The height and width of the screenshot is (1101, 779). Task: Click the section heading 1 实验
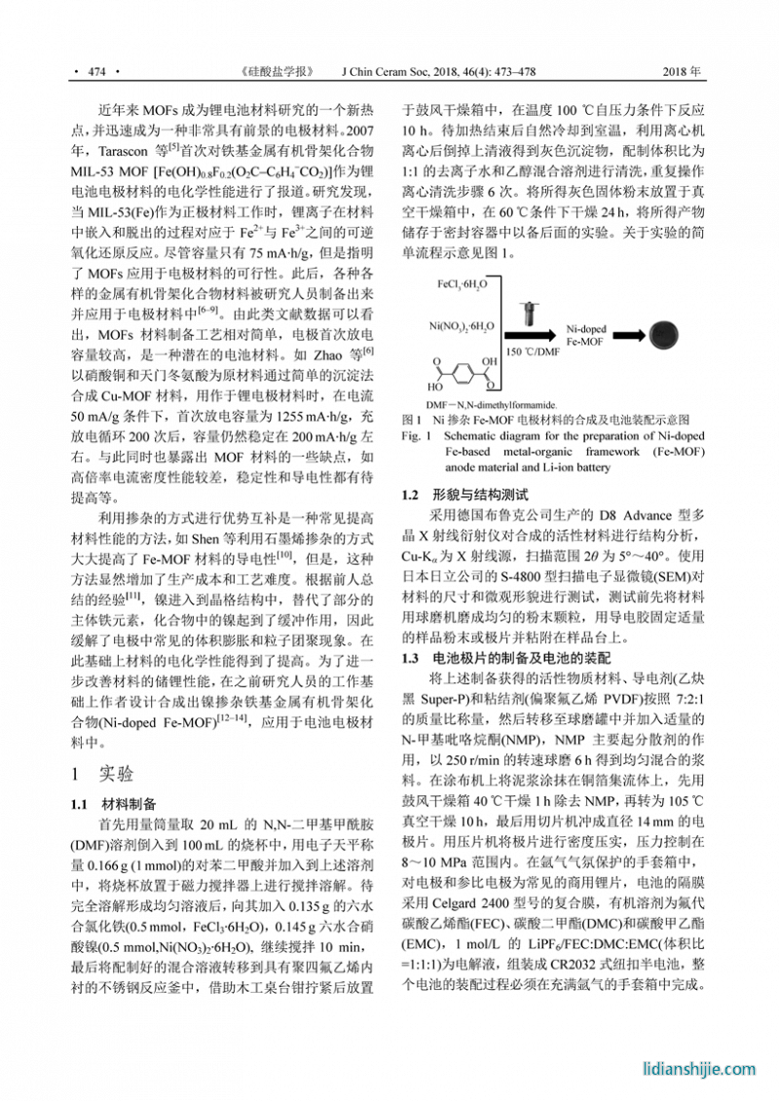coord(102,774)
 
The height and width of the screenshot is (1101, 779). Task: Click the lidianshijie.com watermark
coord(699,1069)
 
